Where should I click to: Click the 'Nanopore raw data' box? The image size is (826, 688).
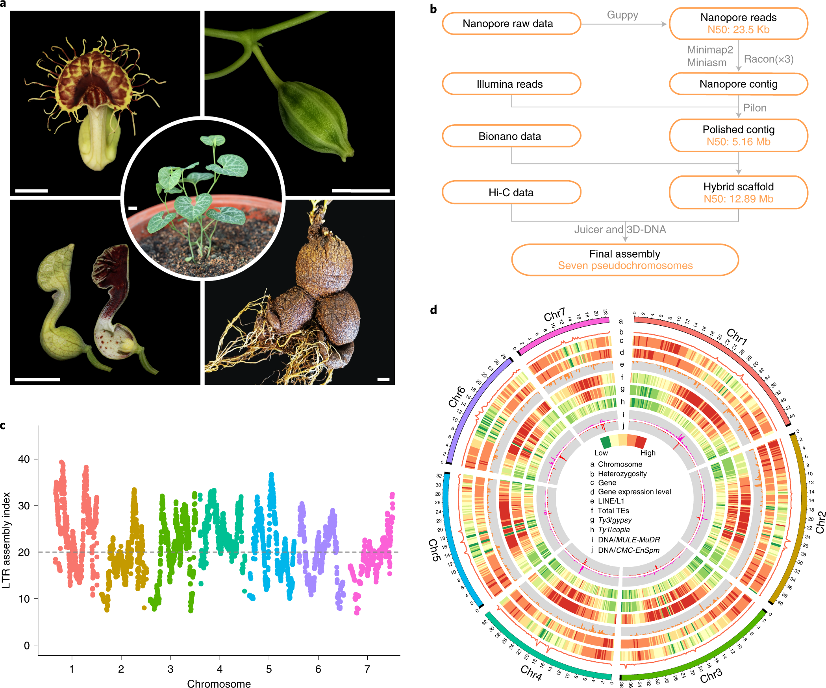click(x=511, y=24)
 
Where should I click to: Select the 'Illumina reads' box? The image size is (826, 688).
click(x=511, y=84)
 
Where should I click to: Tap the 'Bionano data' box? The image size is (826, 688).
click(x=511, y=136)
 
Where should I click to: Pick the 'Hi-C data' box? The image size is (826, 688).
click(x=511, y=192)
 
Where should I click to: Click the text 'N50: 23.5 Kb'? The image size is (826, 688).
click(x=738, y=30)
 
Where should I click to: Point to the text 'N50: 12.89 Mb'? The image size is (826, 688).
click(x=738, y=199)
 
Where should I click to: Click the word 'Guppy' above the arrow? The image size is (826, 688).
click(x=622, y=15)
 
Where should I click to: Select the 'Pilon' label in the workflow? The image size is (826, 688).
click(x=754, y=108)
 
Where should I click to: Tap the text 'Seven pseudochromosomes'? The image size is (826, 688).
click(x=625, y=266)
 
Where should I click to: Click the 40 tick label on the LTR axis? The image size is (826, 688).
click(x=24, y=459)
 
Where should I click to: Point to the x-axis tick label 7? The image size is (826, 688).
click(x=367, y=669)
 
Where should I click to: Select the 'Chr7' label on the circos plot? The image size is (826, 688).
click(x=554, y=315)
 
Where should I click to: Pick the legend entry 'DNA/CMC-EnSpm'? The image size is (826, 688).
click(x=628, y=550)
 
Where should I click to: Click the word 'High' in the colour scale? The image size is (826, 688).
click(x=648, y=453)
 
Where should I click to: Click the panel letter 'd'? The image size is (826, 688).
click(x=433, y=310)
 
